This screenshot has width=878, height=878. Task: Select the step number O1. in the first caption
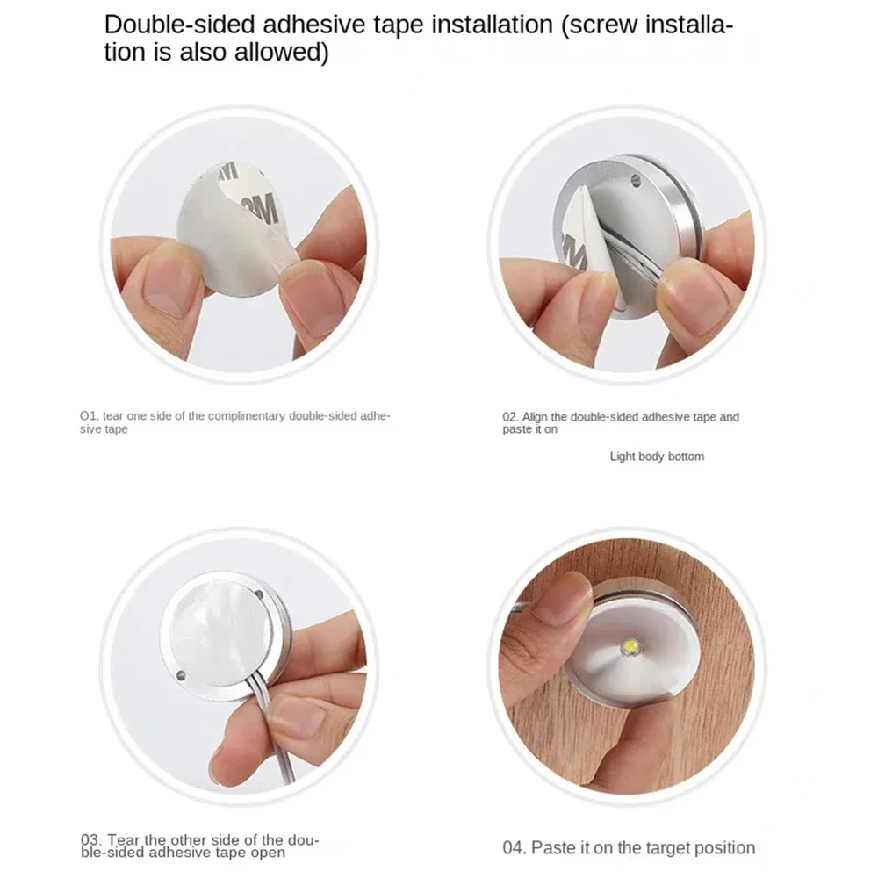89,415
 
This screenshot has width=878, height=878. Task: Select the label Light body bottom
657,457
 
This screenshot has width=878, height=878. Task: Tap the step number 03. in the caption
90,840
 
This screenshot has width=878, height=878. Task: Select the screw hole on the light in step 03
180,675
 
